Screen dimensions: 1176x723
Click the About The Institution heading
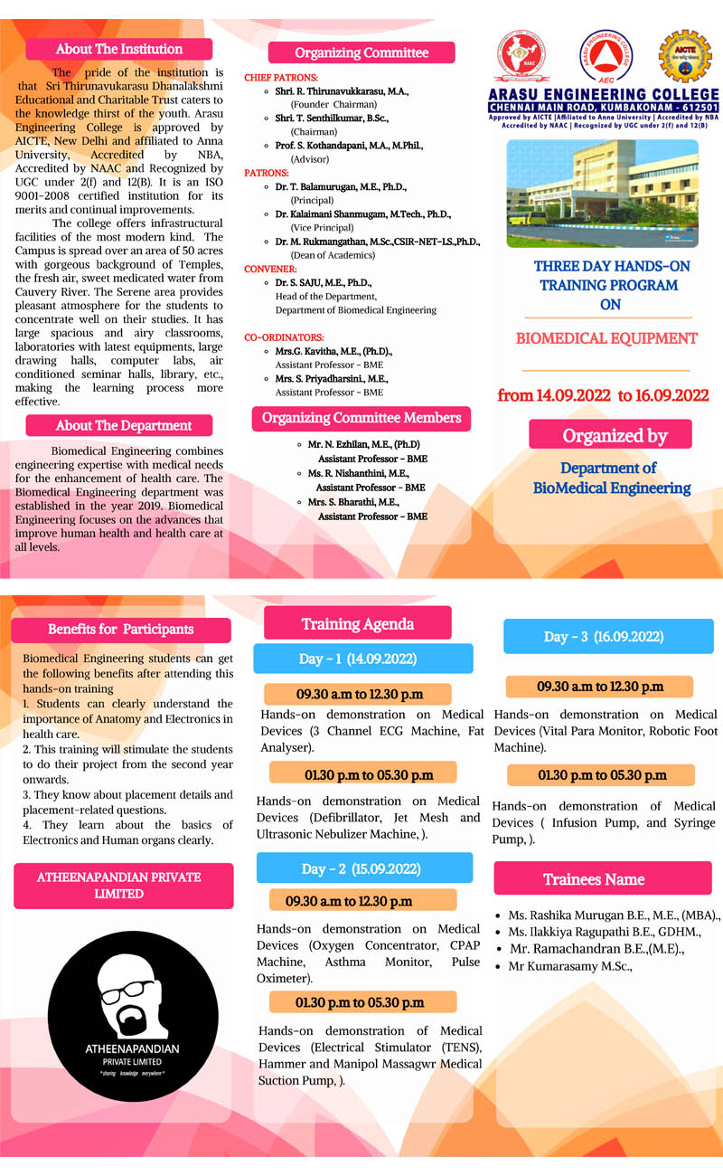[119, 50]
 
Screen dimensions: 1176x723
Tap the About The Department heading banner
[119, 425]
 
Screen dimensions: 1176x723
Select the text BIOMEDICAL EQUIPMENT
[606, 339]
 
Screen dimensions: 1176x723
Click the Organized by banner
[610, 435]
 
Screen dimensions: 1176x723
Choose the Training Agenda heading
[358, 623]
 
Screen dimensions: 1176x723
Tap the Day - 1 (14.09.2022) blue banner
[362, 659]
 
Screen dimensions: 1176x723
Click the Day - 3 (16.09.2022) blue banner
[608, 637]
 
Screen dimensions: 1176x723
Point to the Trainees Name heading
[602, 878]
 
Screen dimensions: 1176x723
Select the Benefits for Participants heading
[120, 629]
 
